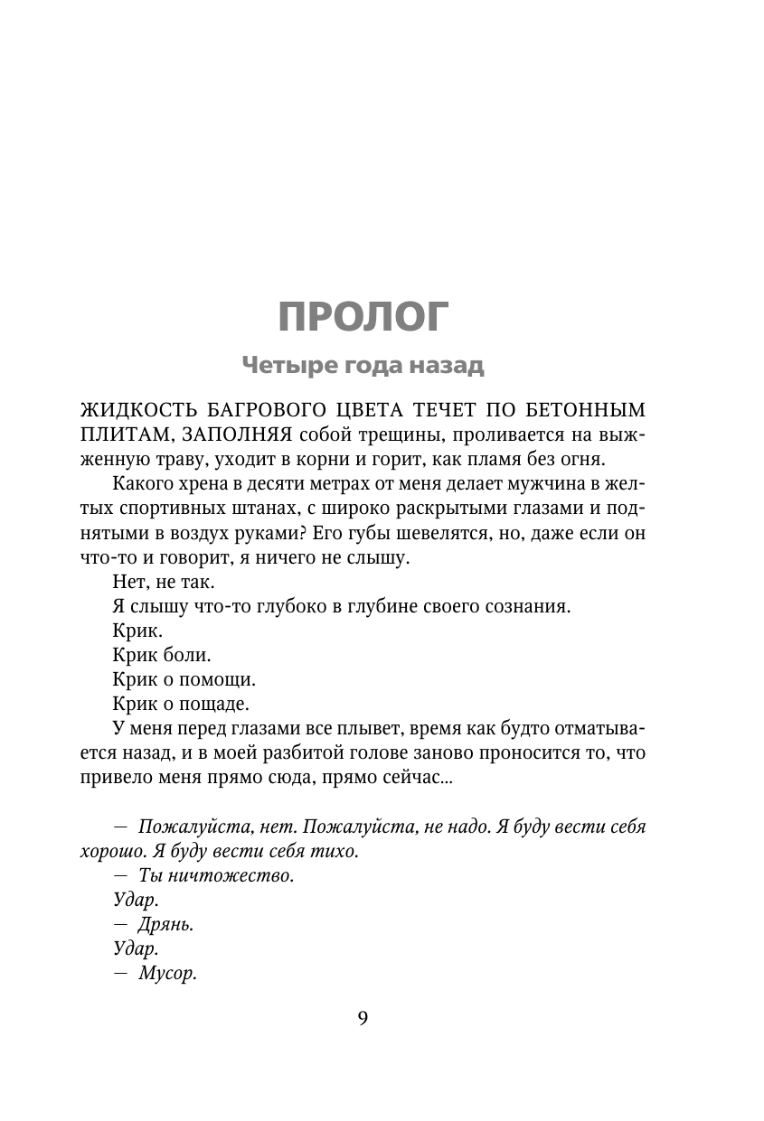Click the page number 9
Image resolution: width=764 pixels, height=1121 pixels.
[363, 1018]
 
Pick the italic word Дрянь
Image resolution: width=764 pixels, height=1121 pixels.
[167, 924]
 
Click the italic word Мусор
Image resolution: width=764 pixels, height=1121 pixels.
[169, 974]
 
